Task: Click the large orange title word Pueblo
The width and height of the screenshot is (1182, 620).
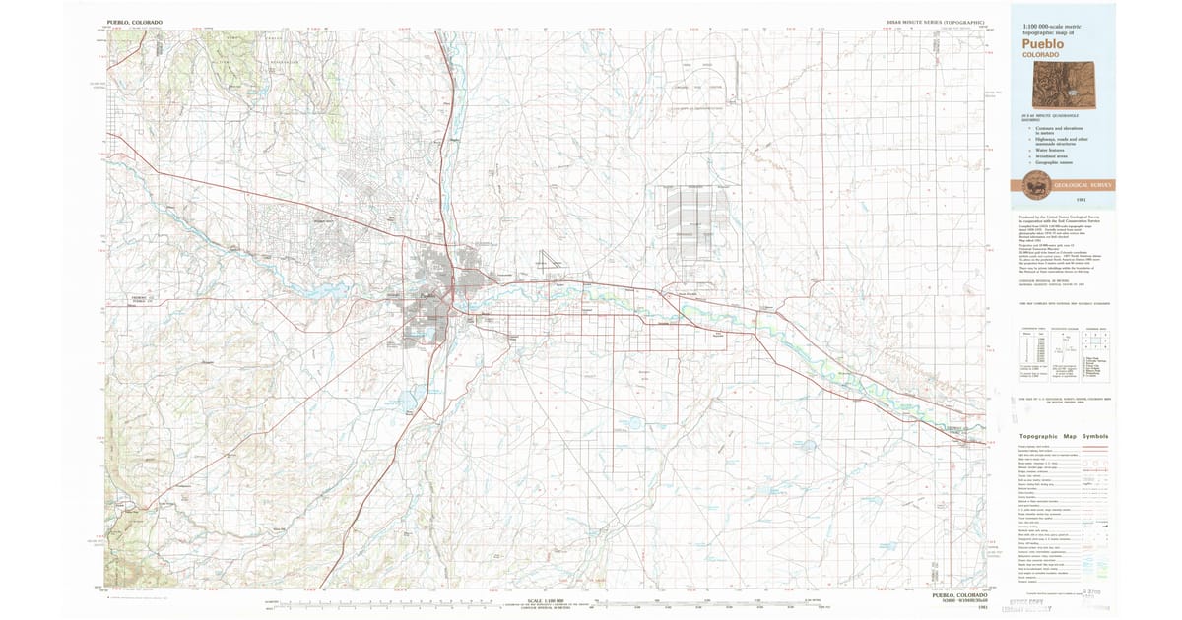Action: tap(1043, 43)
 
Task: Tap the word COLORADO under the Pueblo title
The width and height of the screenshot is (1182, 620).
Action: tap(1041, 55)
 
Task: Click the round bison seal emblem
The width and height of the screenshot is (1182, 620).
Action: tap(1035, 184)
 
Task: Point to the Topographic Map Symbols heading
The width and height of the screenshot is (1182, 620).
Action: tap(1062, 436)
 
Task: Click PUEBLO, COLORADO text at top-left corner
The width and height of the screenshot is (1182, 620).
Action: tap(135, 21)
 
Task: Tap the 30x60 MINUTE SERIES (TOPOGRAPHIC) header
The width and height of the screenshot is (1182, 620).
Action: tap(936, 21)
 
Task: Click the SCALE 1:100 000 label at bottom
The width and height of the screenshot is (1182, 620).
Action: tap(545, 599)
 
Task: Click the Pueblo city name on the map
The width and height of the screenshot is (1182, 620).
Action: tap(426, 293)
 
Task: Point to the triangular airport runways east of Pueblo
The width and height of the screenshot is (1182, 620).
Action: tap(548, 264)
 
